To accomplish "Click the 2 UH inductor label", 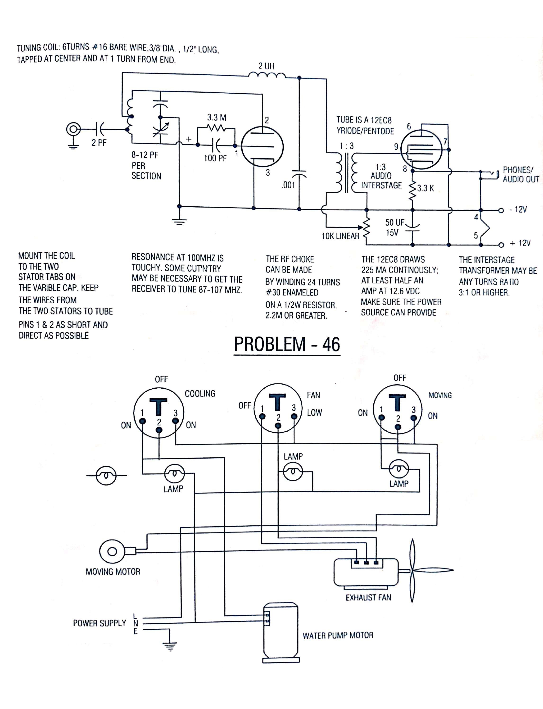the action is pyautogui.click(x=266, y=66).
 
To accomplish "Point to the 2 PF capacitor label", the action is pyautogui.click(x=99, y=143).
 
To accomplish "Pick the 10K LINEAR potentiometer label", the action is pyautogui.click(x=340, y=236).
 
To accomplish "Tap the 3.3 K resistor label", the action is pyautogui.click(x=425, y=188).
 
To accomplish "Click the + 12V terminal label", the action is pyautogui.click(x=520, y=243).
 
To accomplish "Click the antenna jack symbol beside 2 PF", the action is pyautogui.click(x=73, y=129).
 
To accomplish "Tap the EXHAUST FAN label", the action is pyautogui.click(x=368, y=597).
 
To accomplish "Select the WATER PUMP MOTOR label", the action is pyautogui.click(x=338, y=636).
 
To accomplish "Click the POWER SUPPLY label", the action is pyautogui.click(x=100, y=623).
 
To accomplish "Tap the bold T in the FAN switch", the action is pyautogui.click(x=277, y=402).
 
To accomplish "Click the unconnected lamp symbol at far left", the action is pyautogui.click(x=106, y=476).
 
